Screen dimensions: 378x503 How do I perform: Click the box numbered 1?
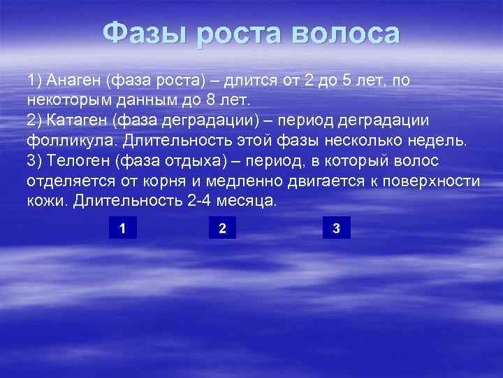click(x=123, y=227)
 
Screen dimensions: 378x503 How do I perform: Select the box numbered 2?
click(x=222, y=227)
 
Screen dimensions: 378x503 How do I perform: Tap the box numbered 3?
click(x=337, y=227)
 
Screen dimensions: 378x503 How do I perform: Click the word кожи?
click(x=43, y=201)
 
